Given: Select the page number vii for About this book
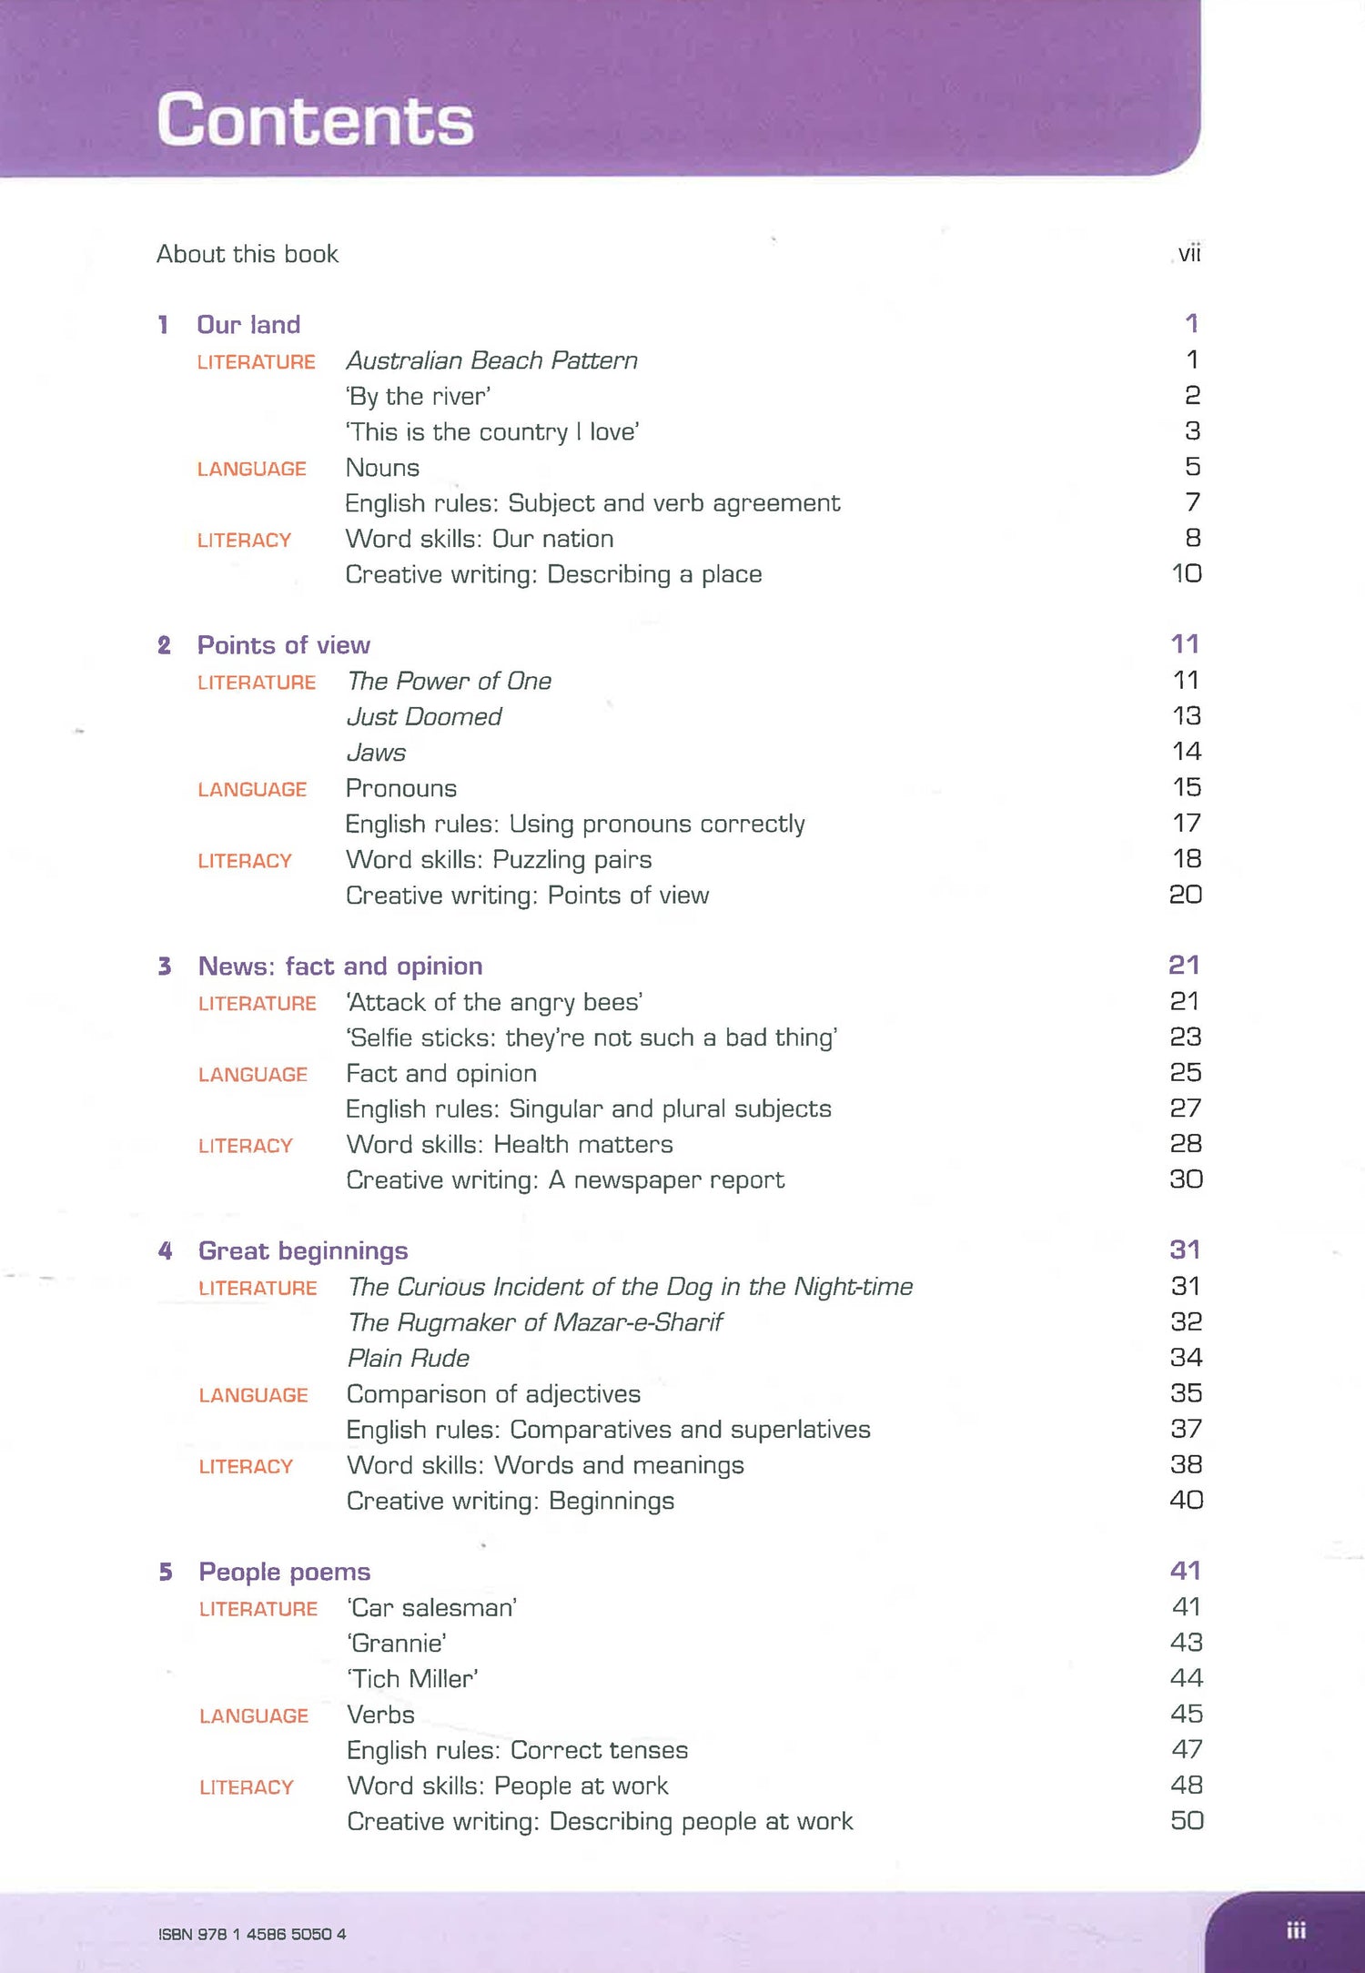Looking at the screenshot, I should (x=1188, y=254).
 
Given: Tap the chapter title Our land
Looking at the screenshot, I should (x=248, y=325).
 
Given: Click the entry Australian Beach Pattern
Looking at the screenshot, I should (x=491, y=360).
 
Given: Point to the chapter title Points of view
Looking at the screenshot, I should (x=284, y=645).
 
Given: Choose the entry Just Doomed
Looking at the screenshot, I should (x=424, y=717).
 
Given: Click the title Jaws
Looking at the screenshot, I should (x=376, y=753).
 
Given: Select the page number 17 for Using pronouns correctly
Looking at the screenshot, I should (x=1187, y=824).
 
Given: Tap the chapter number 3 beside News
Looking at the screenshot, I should (x=165, y=966).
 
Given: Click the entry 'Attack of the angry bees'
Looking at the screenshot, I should (x=494, y=1002).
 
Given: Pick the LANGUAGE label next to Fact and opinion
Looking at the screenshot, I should (x=253, y=1075).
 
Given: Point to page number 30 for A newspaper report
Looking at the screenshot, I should (x=1186, y=1179).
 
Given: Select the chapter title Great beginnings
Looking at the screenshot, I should (x=303, y=1250).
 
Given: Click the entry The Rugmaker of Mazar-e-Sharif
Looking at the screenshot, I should (x=535, y=1322).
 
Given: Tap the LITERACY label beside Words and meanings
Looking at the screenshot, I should (x=246, y=1466).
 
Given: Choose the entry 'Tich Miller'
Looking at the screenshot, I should (x=412, y=1679).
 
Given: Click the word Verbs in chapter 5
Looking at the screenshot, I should (x=380, y=1715).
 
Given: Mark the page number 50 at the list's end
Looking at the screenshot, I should (x=1187, y=1821).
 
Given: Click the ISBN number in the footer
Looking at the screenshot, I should (x=252, y=1934).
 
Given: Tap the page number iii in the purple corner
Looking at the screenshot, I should (x=1296, y=1930).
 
